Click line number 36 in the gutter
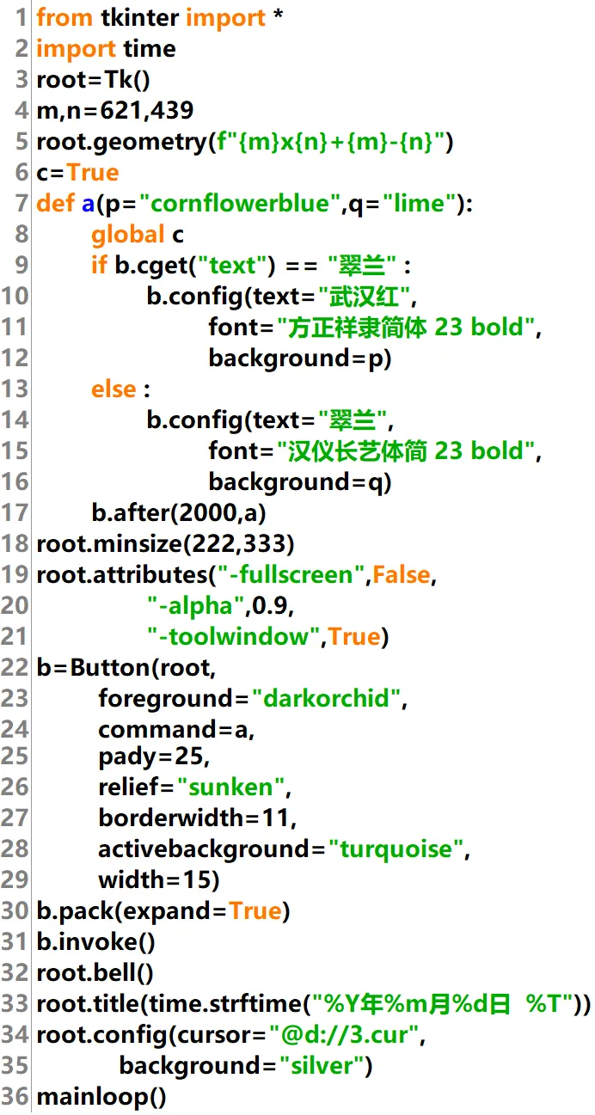click(x=15, y=1097)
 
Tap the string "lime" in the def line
click(x=417, y=204)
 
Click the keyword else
click(x=114, y=389)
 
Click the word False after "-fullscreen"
click(x=402, y=575)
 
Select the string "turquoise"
click(x=396, y=849)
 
